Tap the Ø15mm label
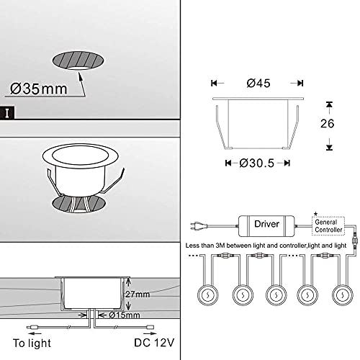(x=120, y=315)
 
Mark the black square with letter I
(x=8, y=112)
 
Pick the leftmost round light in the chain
(x=206, y=295)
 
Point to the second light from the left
(x=241, y=295)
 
